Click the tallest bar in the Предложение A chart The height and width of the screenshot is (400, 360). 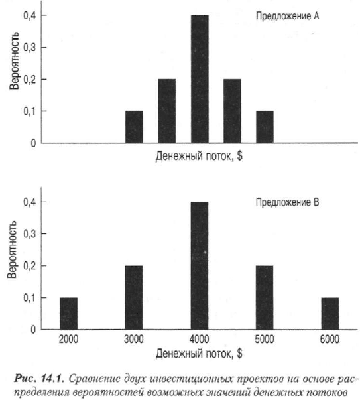pos(200,79)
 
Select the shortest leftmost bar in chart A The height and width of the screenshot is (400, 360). pos(134,127)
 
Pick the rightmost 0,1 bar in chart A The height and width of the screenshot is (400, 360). pos(265,127)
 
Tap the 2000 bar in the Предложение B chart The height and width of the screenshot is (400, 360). pos(68,314)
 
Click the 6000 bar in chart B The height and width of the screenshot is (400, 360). pos(330,314)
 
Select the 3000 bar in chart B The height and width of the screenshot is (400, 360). pos(134,298)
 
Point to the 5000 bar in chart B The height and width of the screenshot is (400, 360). pos(265,298)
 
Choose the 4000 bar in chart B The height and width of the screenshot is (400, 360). pos(200,265)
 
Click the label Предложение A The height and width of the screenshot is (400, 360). pos(287,16)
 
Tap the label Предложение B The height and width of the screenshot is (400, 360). pos(287,202)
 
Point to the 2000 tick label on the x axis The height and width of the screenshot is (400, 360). pos(68,339)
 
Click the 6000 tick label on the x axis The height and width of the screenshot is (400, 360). pos(330,339)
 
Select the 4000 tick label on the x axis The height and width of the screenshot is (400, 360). pos(199,339)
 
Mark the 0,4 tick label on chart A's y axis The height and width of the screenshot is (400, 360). pos(30,16)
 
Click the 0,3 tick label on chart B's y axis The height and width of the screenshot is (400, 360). pos(30,234)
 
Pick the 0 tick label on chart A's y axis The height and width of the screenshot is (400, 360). pos(33,143)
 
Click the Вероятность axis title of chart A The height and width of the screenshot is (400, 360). pos(14,61)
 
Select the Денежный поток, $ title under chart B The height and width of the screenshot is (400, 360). pos(199,354)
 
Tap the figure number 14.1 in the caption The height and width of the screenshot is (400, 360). pos(52,379)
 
